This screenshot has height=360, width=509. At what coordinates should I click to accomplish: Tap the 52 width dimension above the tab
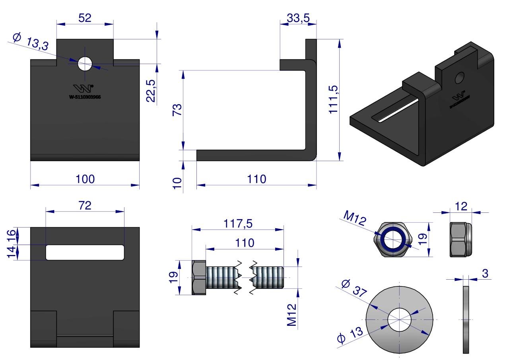click(85, 18)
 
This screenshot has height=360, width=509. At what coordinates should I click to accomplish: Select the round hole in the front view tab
click(85, 64)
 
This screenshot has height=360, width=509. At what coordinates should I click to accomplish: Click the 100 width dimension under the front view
click(85, 179)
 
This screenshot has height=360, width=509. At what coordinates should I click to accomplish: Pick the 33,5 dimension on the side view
click(298, 18)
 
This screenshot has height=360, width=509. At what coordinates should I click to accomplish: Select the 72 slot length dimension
click(85, 205)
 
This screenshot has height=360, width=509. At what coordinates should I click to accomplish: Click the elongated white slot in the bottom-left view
click(85, 253)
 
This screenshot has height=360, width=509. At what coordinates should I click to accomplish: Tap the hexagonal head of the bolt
click(199, 278)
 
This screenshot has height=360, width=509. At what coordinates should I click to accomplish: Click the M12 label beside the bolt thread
click(293, 315)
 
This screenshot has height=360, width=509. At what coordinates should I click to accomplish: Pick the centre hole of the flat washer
click(399, 319)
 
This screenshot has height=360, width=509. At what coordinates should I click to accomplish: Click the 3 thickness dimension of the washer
click(485, 273)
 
